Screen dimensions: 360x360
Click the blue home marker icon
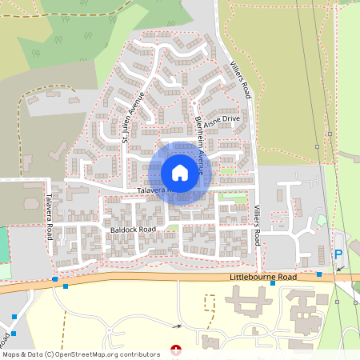(x=180, y=172)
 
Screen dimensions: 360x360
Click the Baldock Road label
(x=134, y=230)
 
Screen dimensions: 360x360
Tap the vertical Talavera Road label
(x=49, y=217)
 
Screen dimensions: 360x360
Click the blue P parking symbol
(x=338, y=254)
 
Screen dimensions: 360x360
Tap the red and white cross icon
(x=176, y=350)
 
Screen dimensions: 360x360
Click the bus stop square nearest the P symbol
(x=318, y=274)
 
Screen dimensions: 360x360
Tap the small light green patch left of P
(x=321, y=220)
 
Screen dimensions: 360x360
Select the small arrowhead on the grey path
(x=178, y=326)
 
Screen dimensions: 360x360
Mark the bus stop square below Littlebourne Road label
(x=273, y=283)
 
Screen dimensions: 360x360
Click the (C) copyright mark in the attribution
(x=50, y=354)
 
